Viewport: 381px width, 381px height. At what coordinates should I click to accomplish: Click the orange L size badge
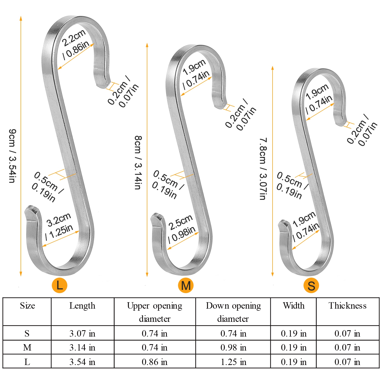point(59,285)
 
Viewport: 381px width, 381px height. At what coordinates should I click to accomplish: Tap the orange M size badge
point(186,285)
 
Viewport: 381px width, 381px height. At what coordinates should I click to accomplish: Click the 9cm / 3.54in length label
point(12,156)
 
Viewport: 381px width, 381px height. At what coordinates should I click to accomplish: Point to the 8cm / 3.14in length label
point(138,163)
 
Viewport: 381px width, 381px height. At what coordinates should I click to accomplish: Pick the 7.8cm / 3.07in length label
point(263,169)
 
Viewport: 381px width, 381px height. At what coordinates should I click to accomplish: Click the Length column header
point(82,306)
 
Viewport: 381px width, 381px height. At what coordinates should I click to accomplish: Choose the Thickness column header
point(347,306)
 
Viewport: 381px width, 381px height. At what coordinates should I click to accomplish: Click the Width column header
point(294,306)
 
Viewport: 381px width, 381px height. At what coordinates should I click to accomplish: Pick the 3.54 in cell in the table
point(82,362)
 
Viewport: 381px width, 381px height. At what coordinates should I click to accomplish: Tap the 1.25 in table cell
point(233,362)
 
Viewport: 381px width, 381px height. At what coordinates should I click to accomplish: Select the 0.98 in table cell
point(233,347)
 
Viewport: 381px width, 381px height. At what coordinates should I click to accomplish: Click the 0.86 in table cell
point(154,362)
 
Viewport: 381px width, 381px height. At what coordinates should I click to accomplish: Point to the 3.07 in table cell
point(82,333)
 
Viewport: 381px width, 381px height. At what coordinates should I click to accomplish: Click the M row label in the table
point(27,347)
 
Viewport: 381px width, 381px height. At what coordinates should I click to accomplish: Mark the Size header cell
point(27,306)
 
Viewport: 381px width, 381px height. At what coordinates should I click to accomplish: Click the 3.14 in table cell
point(82,347)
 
